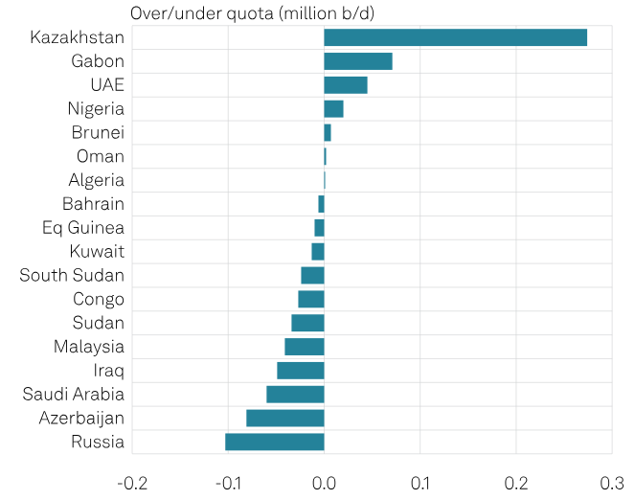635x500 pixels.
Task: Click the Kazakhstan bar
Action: [x=455, y=38]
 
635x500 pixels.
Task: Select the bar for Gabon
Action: [x=357, y=61]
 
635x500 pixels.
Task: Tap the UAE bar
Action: [x=345, y=85]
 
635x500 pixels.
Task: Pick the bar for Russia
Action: [x=274, y=442]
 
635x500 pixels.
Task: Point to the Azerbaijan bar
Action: [x=284, y=418]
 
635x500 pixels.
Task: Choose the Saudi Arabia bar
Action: [x=295, y=394]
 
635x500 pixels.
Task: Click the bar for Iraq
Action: [x=300, y=371]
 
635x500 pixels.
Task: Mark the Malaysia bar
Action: [x=304, y=347]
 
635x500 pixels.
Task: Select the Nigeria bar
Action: [x=333, y=109]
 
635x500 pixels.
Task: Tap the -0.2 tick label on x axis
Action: [x=132, y=482]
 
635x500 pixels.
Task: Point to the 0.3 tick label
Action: [x=612, y=482]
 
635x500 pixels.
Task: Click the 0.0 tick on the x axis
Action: [x=324, y=482]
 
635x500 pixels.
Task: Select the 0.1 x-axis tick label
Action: [x=420, y=482]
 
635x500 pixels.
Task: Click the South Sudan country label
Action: [x=72, y=276]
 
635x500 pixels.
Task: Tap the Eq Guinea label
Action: [x=83, y=228]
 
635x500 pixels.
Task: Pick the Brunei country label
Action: [x=98, y=133]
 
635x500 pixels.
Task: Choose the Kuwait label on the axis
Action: [x=97, y=252]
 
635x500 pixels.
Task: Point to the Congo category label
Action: [x=99, y=299]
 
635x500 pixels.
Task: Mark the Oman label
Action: [x=101, y=156]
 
